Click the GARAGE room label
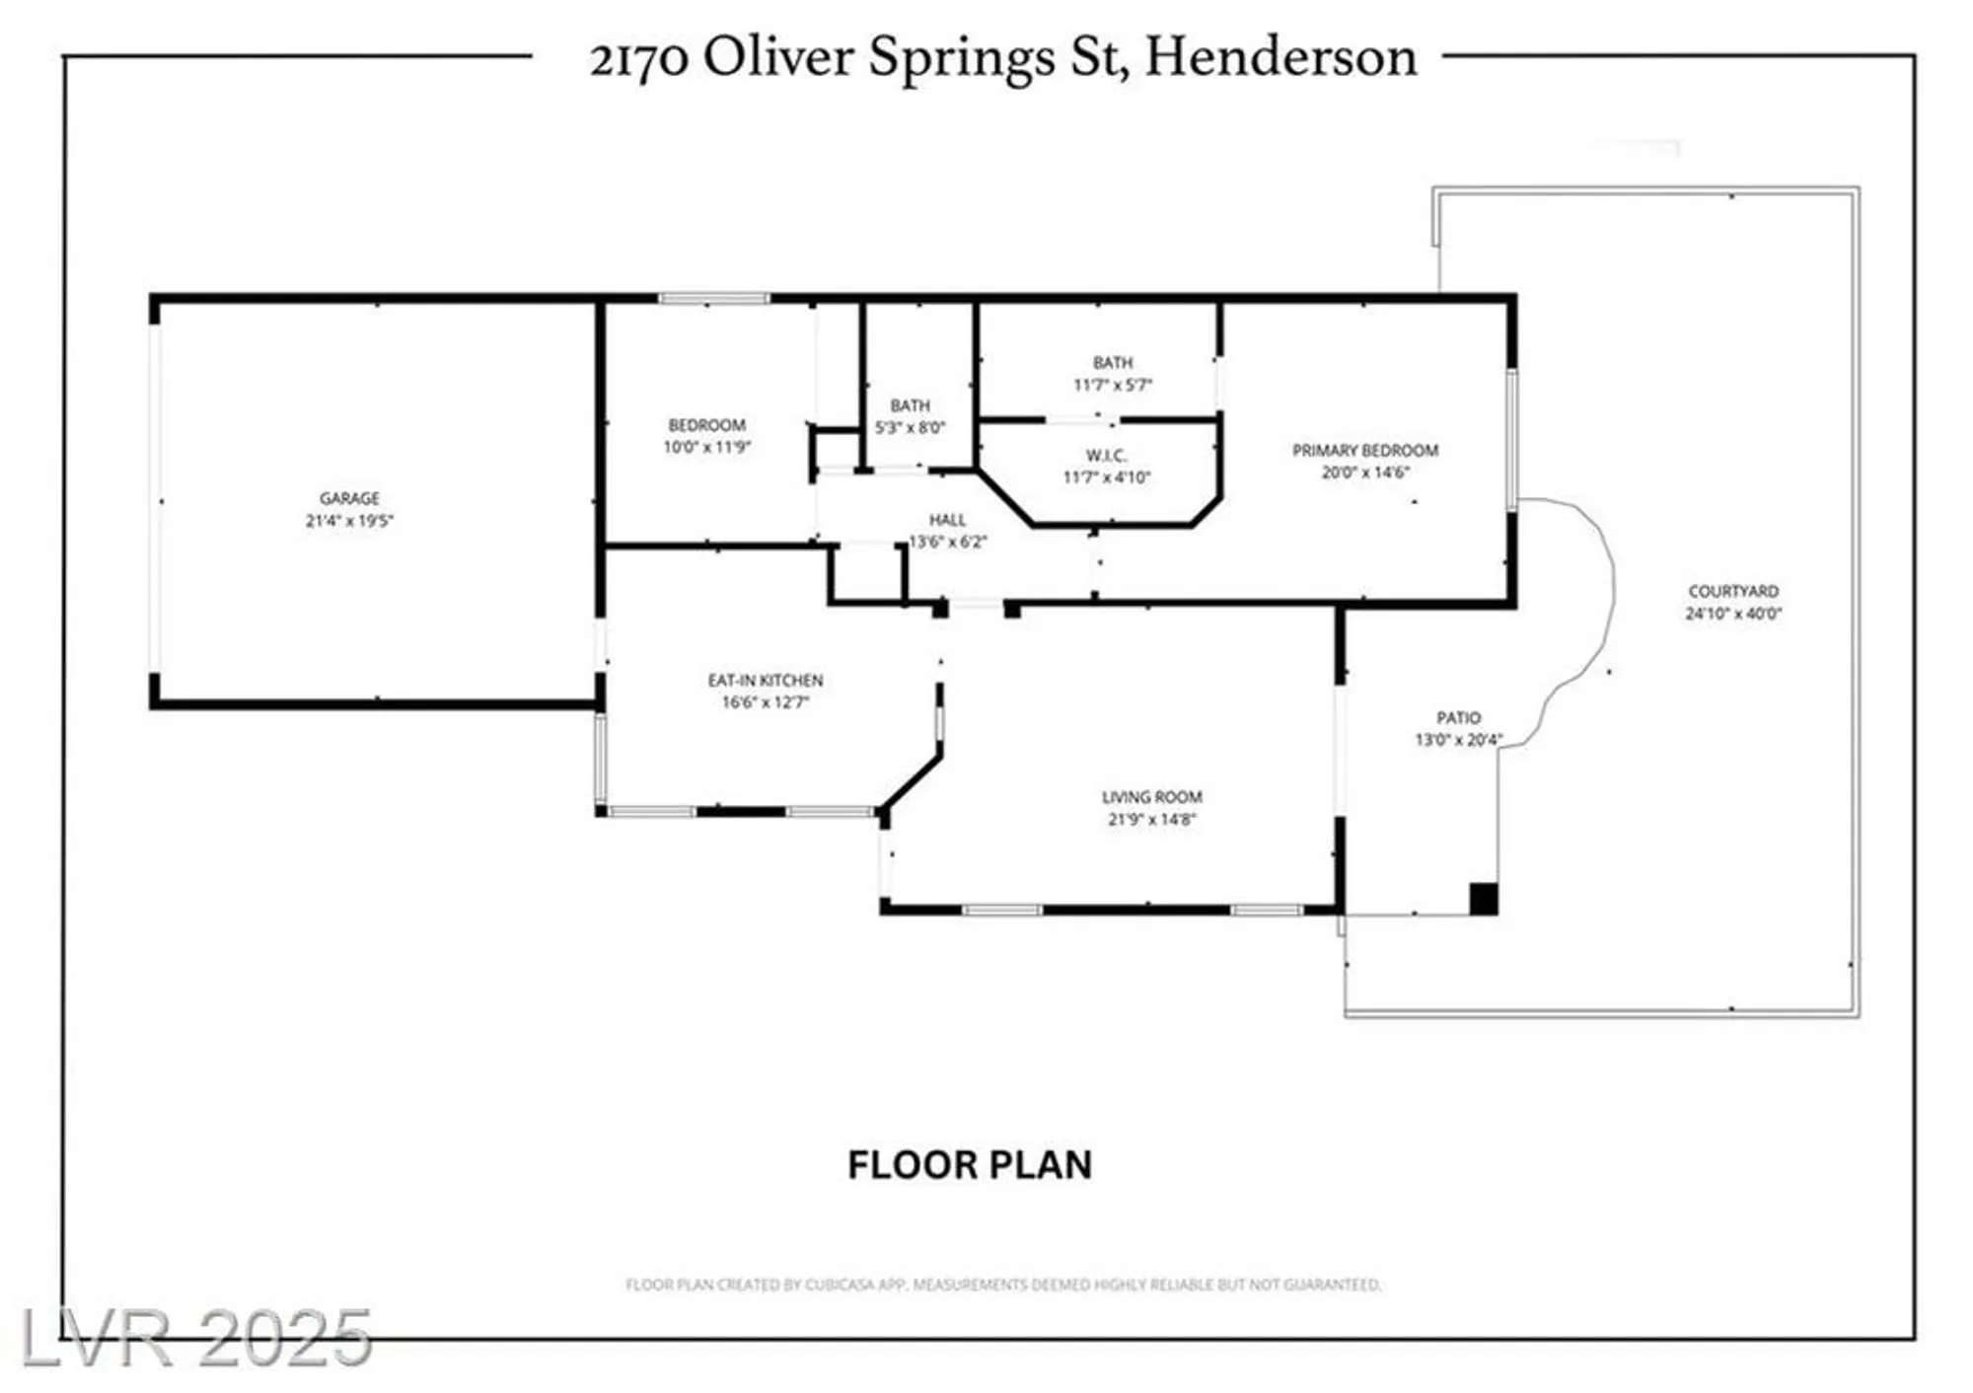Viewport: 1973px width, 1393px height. (x=349, y=498)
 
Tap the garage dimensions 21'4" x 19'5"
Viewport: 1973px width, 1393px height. (x=349, y=521)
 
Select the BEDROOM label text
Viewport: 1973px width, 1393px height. (x=706, y=425)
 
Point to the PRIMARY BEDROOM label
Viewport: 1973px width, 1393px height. (x=1365, y=450)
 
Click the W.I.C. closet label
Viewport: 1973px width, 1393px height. (x=1106, y=456)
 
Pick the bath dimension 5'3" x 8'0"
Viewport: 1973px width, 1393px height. (x=910, y=428)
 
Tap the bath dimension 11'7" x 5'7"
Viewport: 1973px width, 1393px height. (x=1113, y=385)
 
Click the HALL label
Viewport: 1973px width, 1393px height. (x=947, y=520)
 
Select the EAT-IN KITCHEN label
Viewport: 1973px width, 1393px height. (x=765, y=681)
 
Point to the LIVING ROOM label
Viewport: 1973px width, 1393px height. (x=1151, y=797)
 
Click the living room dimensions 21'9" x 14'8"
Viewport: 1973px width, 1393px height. (x=1151, y=820)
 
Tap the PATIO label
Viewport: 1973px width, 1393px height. (x=1458, y=718)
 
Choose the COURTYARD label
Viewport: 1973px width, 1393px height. (x=1733, y=591)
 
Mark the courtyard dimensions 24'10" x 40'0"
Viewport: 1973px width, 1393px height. (x=1733, y=614)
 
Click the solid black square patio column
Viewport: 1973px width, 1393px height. (x=1484, y=899)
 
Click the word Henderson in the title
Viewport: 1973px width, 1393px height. (x=1280, y=57)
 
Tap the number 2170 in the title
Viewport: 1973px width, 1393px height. (x=638, y=59)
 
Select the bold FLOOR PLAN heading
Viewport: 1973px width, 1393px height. (x=970, y=1165)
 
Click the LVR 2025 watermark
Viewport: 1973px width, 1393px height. (x=195, y=1339)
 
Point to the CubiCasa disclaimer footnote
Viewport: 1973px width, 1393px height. (x=1003, y=1284)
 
